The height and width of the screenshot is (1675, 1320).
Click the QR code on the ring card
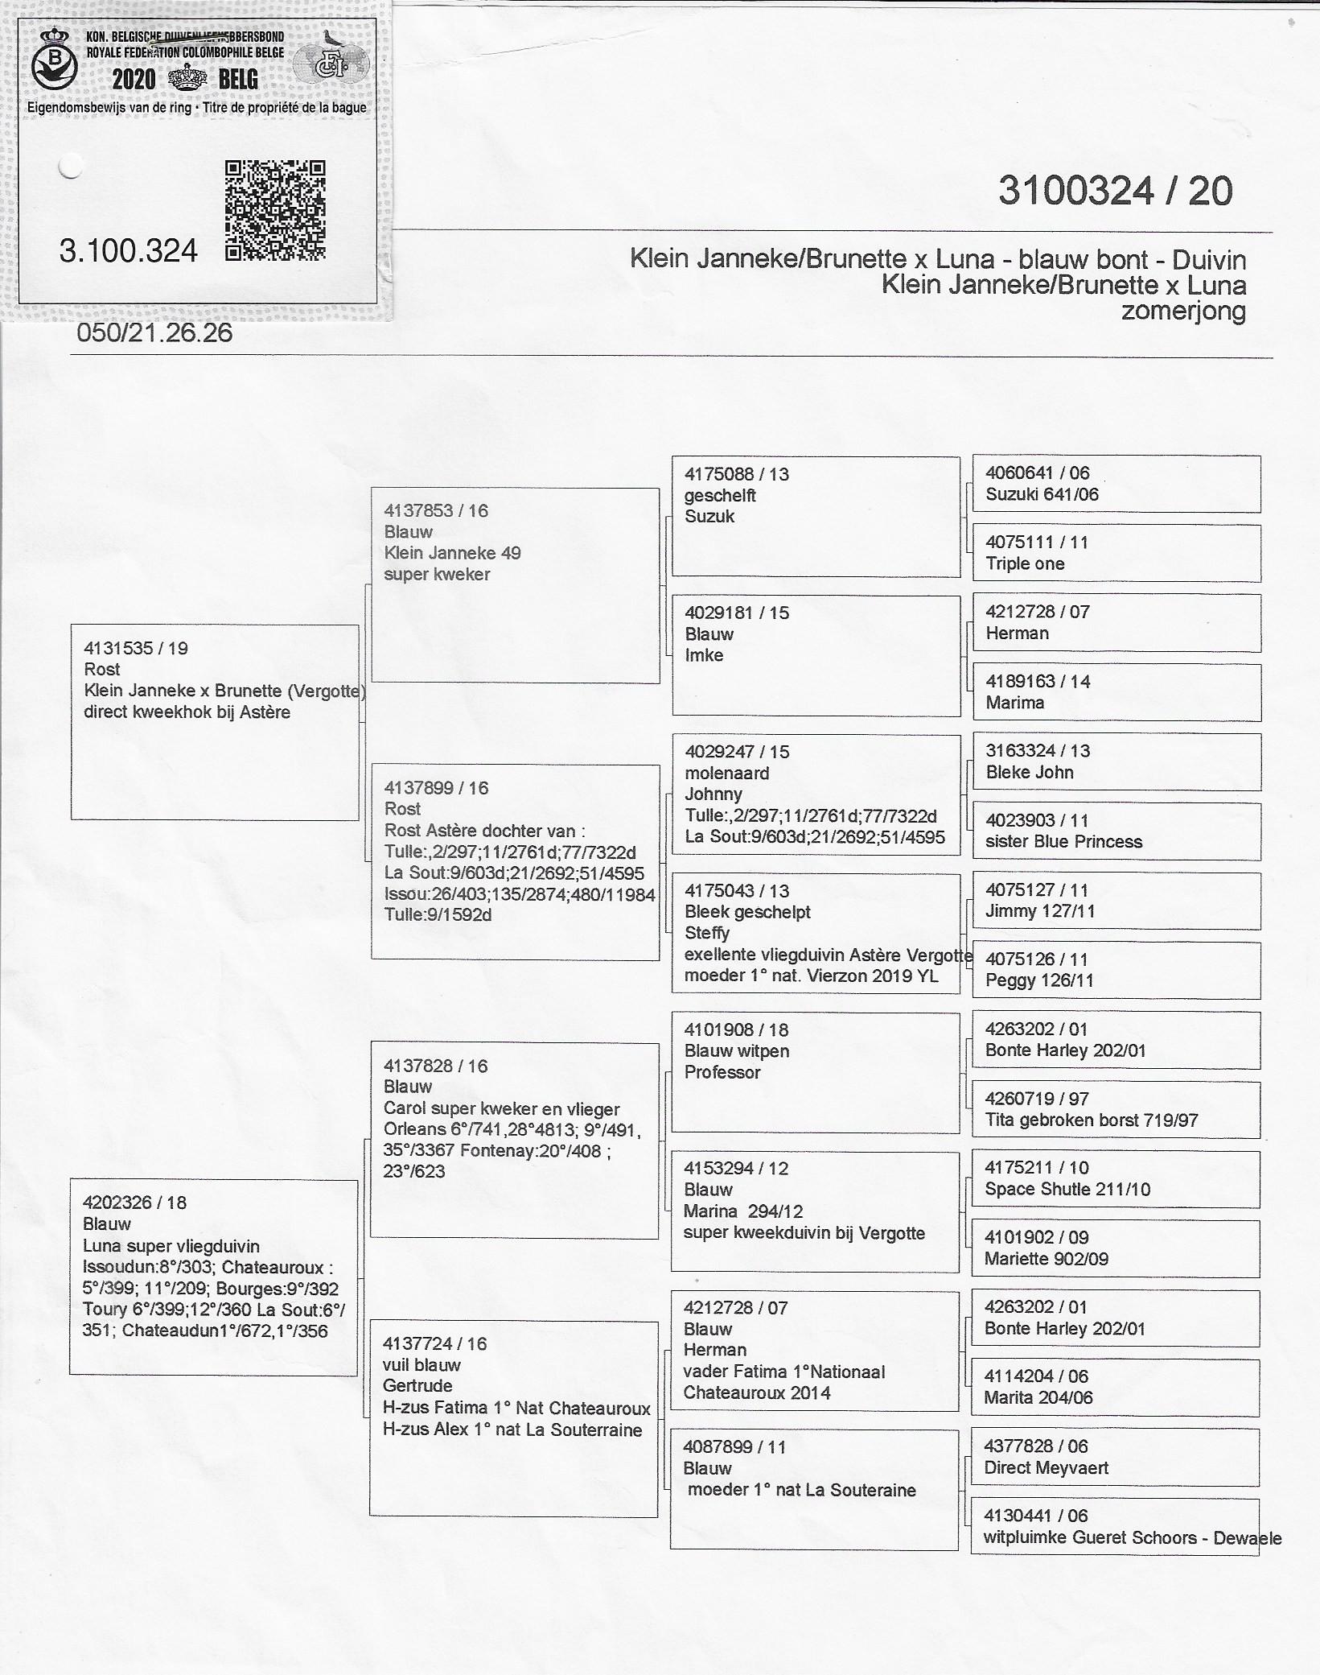(275, 210)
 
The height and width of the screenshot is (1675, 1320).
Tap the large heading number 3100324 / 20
(1115, 192)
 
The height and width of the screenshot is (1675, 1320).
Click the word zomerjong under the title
(1183, 311)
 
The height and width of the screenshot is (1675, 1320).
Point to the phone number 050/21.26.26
(154, 333)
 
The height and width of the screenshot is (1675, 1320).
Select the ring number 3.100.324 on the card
(129, 251)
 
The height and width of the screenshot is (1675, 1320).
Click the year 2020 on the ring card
(134, 80)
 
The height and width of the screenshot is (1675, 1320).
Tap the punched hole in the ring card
(71, 167)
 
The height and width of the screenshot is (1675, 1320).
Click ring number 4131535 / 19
(136, 648)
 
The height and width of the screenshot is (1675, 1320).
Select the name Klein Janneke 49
(452, 553)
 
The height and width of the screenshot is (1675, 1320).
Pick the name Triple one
(1025, 563)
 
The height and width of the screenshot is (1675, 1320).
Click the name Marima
(1015, 703)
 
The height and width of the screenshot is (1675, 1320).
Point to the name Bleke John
(1030, 772)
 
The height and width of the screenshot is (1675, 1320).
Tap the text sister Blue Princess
(1063, 842)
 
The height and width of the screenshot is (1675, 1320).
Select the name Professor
(722, 1072)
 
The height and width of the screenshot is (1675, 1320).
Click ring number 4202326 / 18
(134, 1203)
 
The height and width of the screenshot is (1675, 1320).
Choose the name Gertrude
(417, 1385)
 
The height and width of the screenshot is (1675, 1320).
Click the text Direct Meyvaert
(1046, 1467)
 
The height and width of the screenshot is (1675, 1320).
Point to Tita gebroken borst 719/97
(1092, 1120)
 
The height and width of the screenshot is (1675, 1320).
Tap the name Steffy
(707, 933)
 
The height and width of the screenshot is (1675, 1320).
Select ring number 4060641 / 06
(1038, 473)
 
